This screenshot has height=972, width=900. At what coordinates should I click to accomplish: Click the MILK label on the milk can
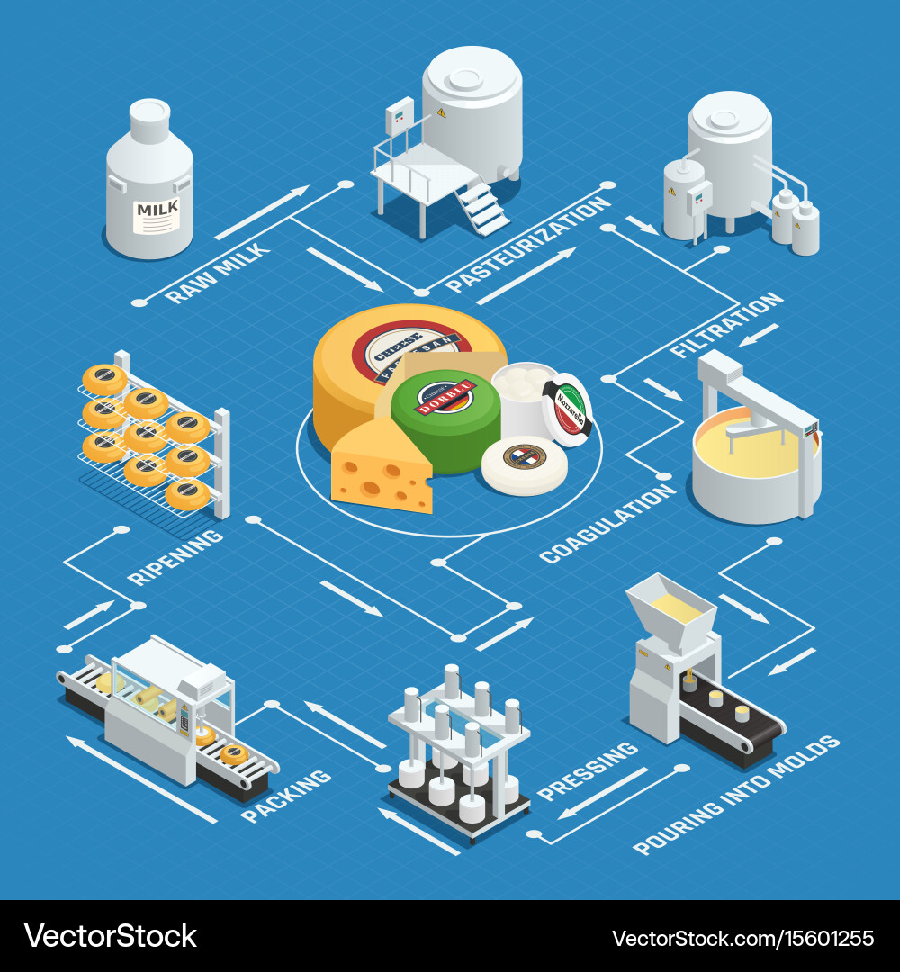[157, 214]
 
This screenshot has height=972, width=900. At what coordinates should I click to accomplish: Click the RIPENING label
[175, 556]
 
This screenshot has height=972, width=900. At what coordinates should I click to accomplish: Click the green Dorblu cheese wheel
[445, 418]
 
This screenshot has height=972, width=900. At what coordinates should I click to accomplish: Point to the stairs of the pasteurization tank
[481, 207]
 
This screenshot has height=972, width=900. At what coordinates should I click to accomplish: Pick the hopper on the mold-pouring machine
[670, 612]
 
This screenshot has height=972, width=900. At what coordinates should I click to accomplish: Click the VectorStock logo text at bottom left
[111, 936]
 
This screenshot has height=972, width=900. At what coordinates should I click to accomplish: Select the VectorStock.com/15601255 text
[742, 938]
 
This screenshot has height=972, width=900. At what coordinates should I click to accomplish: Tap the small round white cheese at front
[524, 463]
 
